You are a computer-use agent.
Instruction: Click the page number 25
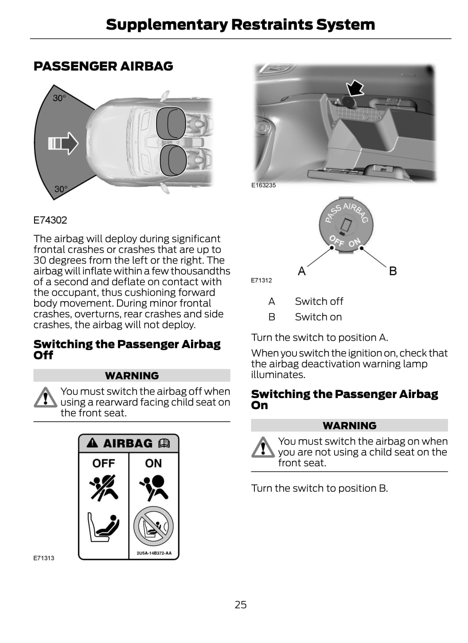coord(240,604)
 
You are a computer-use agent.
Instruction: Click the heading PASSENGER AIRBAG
coord(103,66)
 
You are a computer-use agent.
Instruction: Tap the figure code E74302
coord(50,220)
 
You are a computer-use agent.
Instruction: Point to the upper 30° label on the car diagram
coord(59,98)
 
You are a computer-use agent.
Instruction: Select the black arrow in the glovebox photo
coord(355,88)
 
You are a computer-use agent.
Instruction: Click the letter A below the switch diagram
coord(302,271)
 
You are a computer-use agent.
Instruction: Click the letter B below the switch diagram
coord(393,271)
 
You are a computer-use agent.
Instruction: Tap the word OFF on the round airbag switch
coord(337,241)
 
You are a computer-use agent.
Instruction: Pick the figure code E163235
coord(263,185)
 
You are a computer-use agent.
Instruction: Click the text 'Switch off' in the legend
coord(319,301)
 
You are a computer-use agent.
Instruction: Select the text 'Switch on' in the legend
coord(318,317)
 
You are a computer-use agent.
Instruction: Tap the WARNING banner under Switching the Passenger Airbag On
coord(349,426)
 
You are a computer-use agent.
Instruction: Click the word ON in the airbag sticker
coord(153,463)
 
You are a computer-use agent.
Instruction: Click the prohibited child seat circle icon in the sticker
coord(153,526)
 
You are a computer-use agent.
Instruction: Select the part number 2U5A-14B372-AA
coord(154,553)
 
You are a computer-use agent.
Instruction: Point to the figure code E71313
coord(44,558)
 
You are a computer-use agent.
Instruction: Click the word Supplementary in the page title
coord(167,24)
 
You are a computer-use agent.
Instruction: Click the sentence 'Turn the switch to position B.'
coord(319,488)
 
